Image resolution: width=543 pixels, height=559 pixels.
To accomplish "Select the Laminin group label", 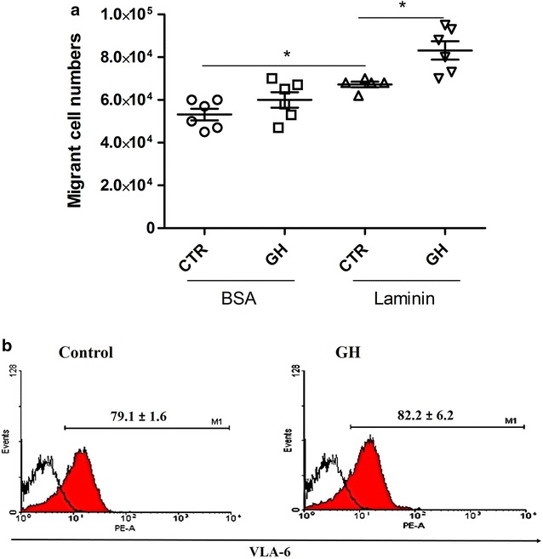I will [x=410, y=302].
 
